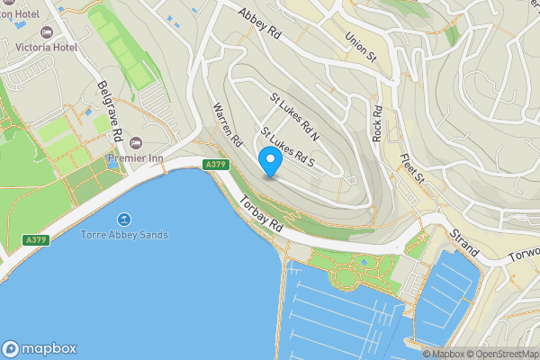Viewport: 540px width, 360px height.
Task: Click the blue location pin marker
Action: pos(271,161)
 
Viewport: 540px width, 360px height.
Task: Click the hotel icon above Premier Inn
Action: pos(136,143)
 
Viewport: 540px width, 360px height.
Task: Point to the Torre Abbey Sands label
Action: pos(124,235)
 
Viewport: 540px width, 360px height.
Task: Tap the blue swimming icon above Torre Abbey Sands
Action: pos(124,220)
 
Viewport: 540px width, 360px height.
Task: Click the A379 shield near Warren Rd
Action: pos(214,165)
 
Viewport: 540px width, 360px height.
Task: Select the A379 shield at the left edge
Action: pos(36,240)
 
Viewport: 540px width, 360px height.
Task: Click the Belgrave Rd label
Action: pos(110,108)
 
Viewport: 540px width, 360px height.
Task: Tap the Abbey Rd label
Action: pos(259,24)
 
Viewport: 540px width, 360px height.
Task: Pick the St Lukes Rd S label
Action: pos(286,147)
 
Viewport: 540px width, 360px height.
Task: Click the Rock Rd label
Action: pos(378,123)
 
